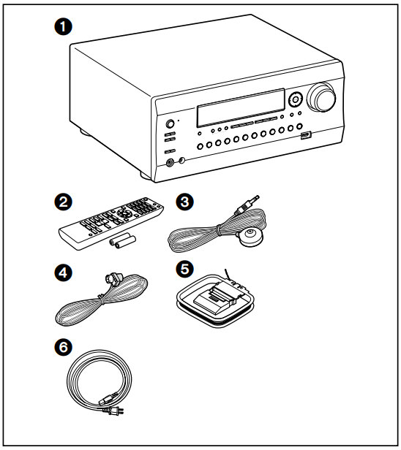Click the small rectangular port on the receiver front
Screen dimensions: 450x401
point(307,135)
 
